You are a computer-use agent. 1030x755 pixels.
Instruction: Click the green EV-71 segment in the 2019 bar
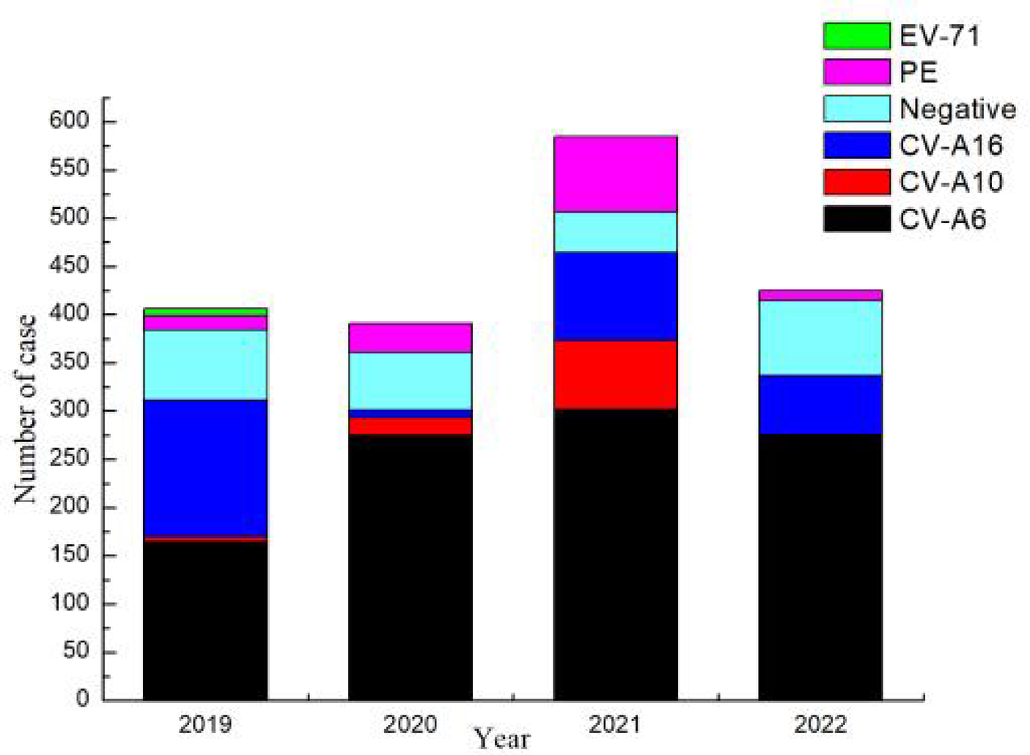coord(205,312)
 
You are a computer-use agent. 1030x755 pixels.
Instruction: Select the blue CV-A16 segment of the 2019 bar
coord(205,468)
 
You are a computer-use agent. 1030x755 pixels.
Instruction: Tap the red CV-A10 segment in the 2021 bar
coord(615,375)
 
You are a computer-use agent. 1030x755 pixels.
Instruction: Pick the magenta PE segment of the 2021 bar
coord(615,174)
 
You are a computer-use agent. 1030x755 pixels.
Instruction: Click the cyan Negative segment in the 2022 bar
coord(820,337)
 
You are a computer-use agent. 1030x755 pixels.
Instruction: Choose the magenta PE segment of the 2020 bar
coord(410,338)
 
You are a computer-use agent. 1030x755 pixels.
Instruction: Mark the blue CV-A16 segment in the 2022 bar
coord(820,404)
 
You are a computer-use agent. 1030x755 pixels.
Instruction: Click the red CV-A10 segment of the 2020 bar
coord(410,425)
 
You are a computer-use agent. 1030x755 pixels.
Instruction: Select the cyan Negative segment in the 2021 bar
coord(615,232)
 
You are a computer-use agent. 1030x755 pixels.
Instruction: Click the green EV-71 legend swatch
coord(856,35)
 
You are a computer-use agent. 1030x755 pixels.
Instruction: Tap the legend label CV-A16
coord(951,145)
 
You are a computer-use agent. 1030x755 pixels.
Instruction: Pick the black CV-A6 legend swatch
coord(856,218)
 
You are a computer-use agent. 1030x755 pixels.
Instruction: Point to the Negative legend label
coord(957,109)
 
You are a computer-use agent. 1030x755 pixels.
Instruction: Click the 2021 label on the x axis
coord(615,725)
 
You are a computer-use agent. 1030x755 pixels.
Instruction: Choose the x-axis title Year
coord(501,738)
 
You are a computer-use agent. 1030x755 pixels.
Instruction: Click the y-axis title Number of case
coord(26,409)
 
